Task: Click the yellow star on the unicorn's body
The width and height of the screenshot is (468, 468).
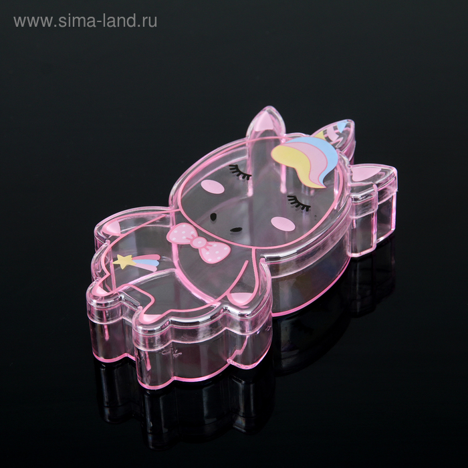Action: pos(121,260)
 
